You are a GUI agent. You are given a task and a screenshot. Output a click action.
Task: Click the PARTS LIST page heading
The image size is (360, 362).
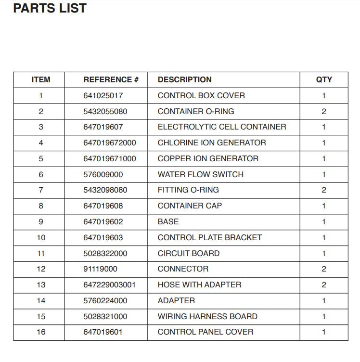[50, 8]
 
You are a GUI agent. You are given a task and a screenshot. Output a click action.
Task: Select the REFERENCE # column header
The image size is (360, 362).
[111, 79]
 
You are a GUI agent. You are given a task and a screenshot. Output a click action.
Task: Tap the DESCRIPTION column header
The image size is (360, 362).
[184, 79]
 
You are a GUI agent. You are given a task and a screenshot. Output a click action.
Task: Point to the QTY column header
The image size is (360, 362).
[324, 79]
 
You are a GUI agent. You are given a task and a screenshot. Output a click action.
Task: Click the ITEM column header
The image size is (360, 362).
[41, 79]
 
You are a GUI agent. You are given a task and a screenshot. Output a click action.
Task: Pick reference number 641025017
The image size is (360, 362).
[103, 95]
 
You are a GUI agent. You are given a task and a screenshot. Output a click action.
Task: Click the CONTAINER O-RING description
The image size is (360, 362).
[196, 111]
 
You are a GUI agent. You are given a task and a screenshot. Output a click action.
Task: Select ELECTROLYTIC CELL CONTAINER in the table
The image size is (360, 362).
[222, 127]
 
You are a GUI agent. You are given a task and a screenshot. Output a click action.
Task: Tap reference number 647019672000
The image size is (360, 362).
[110, 143]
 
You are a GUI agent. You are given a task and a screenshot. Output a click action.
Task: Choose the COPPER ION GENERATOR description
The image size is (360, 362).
[208, 158]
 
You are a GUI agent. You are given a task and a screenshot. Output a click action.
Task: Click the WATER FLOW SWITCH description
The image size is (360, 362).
[201, 174]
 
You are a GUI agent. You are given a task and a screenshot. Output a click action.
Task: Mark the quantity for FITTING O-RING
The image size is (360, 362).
[324, 190]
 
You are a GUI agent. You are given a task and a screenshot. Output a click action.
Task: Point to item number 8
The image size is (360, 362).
[41, 206]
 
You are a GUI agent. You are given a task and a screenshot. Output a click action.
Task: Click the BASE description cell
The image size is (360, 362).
[168, 221]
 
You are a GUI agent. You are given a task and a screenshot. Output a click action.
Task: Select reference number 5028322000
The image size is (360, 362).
[105, 253]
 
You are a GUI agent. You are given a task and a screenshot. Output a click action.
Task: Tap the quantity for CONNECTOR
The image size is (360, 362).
[324, 269]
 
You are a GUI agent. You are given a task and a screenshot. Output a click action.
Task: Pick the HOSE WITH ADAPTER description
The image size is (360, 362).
[199, 284]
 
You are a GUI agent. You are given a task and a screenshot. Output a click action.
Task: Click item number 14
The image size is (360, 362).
[41, 300]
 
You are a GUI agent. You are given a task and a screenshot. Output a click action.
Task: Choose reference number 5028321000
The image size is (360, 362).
[105, 316]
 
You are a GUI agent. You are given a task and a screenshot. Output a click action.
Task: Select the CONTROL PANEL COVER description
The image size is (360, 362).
[206, 332]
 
